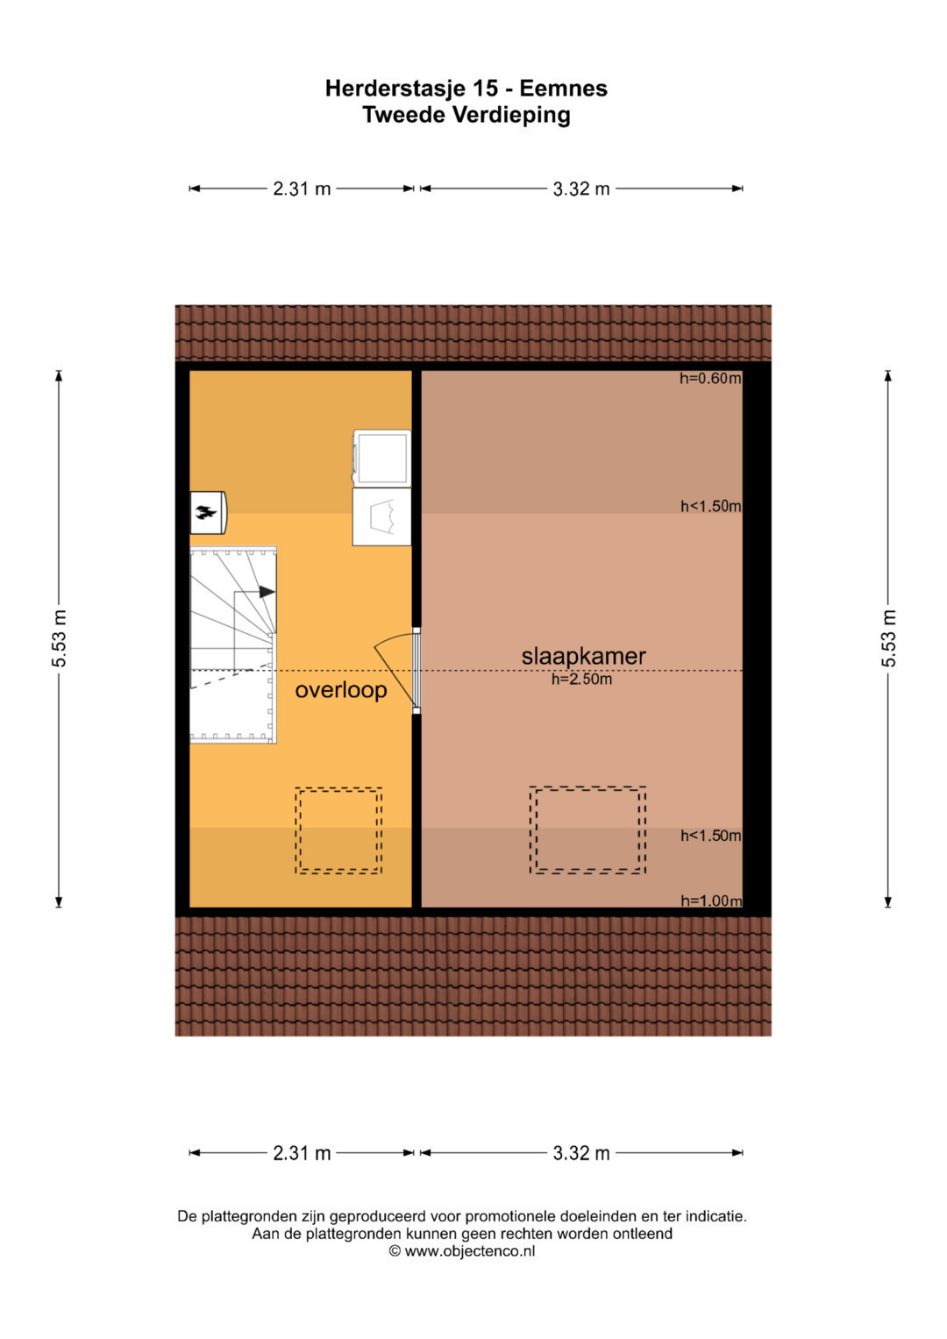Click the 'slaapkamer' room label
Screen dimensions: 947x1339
pos(583,657)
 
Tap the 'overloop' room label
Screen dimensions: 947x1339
pos(341,690)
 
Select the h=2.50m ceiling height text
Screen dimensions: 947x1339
pos(581,679)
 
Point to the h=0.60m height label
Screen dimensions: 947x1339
pos(710,379)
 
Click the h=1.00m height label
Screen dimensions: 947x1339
pos(711,901)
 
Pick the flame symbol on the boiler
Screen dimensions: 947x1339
pos(206,512)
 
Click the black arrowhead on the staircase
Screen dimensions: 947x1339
pos(267,592)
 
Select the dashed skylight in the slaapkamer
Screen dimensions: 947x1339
pos(587,830)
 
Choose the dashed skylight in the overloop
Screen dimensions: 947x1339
pos(338,831)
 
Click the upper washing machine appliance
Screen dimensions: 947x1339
pos(381,458)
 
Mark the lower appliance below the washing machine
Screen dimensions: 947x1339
pos(381,516)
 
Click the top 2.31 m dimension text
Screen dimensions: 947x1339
pos(302,189)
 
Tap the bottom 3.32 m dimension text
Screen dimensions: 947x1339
pos(581,1153)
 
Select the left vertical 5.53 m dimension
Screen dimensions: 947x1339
pos(59,639)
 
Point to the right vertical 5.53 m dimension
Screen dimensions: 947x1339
pos(888,639)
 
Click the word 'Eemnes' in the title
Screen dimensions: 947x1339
pos(563,89)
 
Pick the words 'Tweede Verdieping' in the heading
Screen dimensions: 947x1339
pos(466,115)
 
